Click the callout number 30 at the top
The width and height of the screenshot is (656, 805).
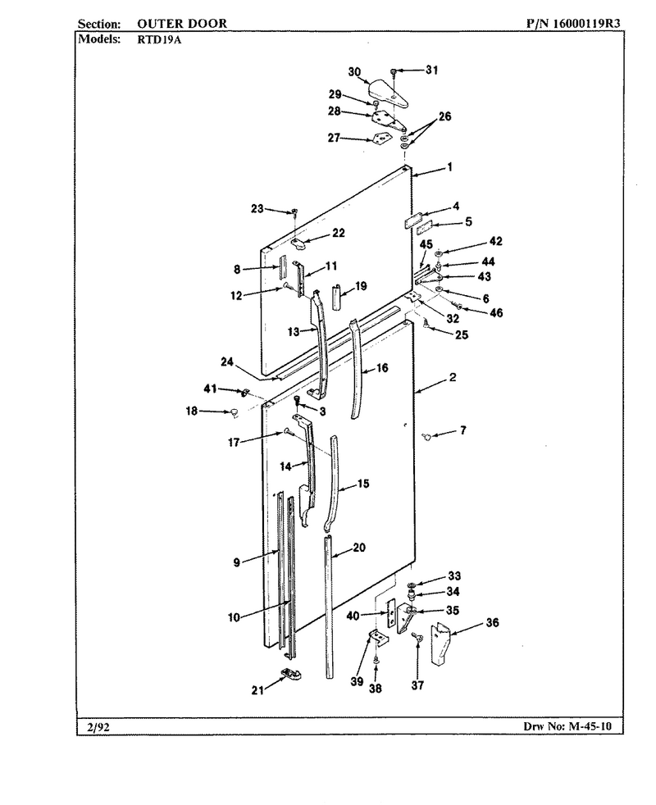tap(354, 72)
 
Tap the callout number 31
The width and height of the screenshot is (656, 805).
tap(431, 70)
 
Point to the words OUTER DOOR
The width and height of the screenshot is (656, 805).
tap(182, 24)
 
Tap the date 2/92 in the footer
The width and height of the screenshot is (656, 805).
tap(98, 727)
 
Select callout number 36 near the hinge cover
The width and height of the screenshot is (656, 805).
tap(492, 623)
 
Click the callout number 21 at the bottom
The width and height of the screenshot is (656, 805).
tap(257, 690)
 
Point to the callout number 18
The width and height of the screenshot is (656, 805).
tap(192, 411)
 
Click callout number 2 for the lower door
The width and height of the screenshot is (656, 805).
tap(453, 377)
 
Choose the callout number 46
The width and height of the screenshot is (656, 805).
tap(496, 312)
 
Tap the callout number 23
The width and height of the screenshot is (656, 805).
tap(257, 208)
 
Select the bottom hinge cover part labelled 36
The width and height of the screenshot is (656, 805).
tap(440, 644)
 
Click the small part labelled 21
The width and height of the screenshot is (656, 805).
tap(291, 674)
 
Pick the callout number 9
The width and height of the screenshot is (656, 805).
tap(236, 562)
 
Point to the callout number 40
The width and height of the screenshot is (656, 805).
tap(353, 616)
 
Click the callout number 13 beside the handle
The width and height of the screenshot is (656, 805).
tap(294, 332)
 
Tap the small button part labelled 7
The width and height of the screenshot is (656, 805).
tap(426, 436)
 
